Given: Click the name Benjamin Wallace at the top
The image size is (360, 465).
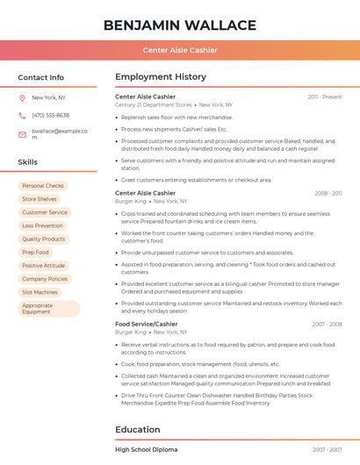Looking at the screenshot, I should [x=179, y=25].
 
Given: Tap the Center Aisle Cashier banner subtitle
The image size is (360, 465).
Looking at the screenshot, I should [x=179, y=50].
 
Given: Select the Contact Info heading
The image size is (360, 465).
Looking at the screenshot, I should [x=40, y=77].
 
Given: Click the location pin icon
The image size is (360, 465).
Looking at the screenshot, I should [x=22, y=97].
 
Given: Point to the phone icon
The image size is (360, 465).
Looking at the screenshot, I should [x=22, y=115].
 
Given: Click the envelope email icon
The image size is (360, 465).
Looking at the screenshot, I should [x=22, y=134].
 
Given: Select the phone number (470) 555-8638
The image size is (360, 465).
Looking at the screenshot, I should [x=50, y=115].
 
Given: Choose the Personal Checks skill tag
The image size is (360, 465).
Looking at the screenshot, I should [x=43, y=186].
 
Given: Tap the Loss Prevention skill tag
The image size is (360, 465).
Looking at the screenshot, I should [x=43, y=225].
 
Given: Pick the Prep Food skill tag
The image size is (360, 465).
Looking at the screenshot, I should [x=36, y=252].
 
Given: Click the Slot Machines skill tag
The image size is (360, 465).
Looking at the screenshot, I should [x=40, y=292].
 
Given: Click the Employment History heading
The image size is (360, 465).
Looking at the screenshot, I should [x=161, y=77].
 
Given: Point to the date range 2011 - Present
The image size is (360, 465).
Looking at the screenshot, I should [x=324, y=97].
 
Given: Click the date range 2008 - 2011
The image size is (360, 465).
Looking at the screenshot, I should [x=328, y=193].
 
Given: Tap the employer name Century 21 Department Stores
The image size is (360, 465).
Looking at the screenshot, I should [x=154, y=104].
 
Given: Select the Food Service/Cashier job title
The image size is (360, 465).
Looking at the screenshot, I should [x=146, y=324].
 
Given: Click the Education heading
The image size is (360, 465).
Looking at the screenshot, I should [x=138, y=430].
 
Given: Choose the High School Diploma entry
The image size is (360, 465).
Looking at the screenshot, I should [x=146, y=449].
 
